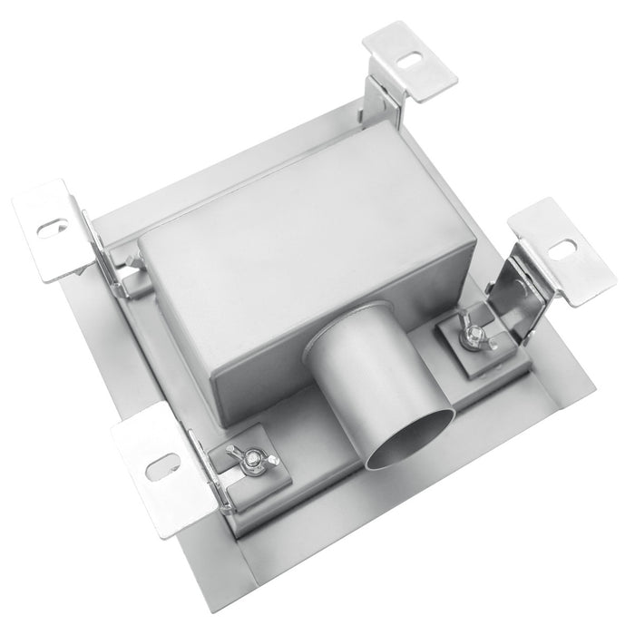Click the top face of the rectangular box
point(299,218)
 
